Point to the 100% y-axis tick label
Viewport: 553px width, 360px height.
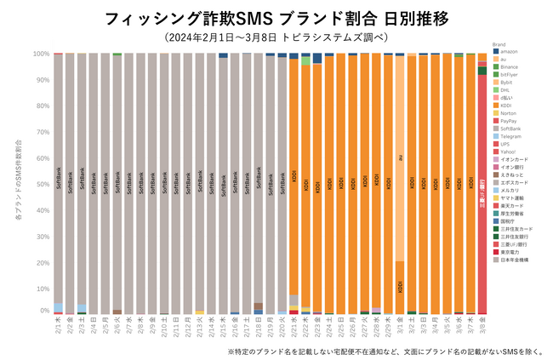point(43,54)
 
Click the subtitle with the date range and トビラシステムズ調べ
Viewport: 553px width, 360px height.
point(276,37)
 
